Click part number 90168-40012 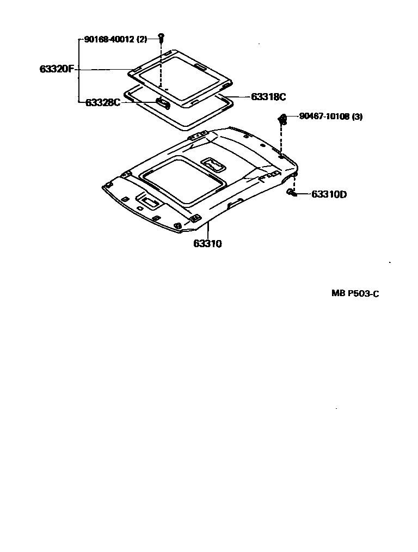(x=109, y=39)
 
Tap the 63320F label (x=57, y=69)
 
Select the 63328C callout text (x=103, y=102)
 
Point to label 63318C (x=268, y=97)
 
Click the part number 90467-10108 (x=325, y=116)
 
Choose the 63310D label (x=329, y=194)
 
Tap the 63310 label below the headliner (x=207, y=244)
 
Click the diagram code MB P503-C (x=355, y=293)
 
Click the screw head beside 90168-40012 (x=161, y=36)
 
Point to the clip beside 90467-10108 (x=282, y=119)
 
